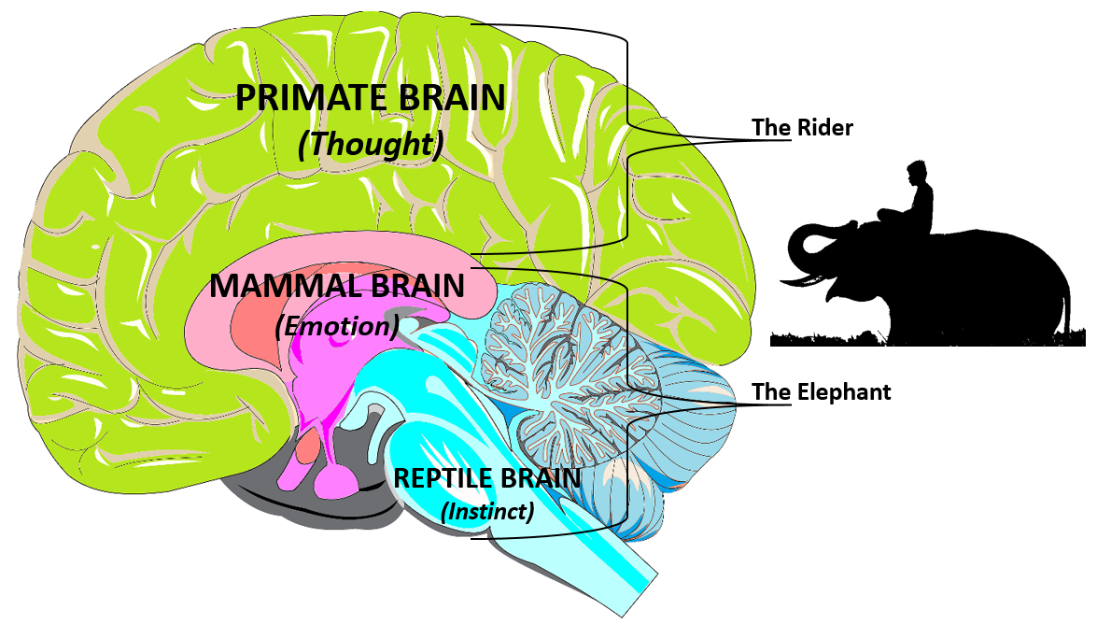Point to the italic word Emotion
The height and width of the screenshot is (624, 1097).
(x=337, y=327)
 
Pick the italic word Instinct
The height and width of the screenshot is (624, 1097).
(x=487, y=512)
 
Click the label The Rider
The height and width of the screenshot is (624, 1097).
(x=802, y=128)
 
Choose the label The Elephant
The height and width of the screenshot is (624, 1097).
(x=822, y=392)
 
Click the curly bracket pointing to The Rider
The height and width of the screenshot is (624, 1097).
(x=627, y=140)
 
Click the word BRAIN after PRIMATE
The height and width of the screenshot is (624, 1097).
(x=458, y=99)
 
